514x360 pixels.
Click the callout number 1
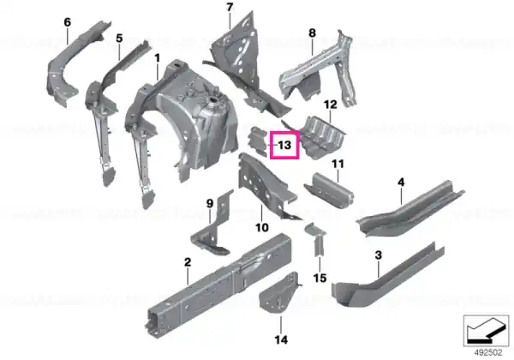click(x=158, y=58)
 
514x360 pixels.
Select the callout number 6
click(x=67, y=22)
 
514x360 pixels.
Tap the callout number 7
click(x=230, y=7)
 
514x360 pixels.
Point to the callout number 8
click(x=312, y=33)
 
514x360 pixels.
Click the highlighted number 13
click(x=284, y=145)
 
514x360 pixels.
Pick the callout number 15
click(x=320, y=278)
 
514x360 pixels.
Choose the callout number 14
click(x=281, y=339)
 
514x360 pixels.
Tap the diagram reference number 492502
click(x=488, y=353)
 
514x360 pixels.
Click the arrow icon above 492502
click(x=486, y=331)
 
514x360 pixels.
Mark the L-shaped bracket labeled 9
click(x=213, y=230)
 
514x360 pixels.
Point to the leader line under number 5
click(x=119, y=51)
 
